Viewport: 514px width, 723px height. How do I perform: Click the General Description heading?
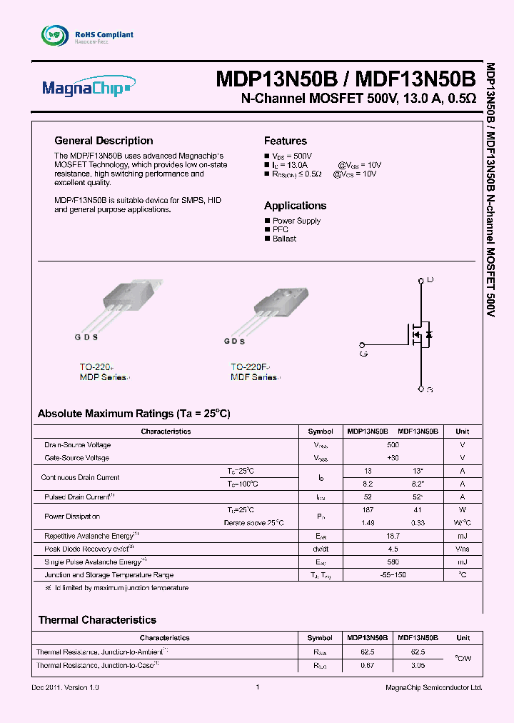click(x=104, y=141)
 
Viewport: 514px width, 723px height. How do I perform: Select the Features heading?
click(x=285, y=141)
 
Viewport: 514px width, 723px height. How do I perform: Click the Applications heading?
click(x=295, y=205)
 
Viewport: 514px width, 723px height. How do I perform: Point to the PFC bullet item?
click(x=280, y=229)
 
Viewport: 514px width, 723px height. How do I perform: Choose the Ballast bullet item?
click(x=283, y=239)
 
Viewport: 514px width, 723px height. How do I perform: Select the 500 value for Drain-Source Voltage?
click(x=393, y=444)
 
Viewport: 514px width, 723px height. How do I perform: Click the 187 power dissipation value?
click(x=368, y=510)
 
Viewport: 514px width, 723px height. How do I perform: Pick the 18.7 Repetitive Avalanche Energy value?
click(x=393, y=535)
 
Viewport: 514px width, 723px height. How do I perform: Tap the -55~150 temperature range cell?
click(x=393, y=574)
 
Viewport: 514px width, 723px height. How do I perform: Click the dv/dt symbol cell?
click(x=320, y=549)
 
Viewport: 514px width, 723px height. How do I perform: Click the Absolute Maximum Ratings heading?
click(x=133, y=414)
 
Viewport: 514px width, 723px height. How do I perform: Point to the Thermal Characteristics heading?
click(x=97, y=619)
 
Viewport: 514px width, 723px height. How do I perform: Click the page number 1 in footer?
click(x=256, y=687)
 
